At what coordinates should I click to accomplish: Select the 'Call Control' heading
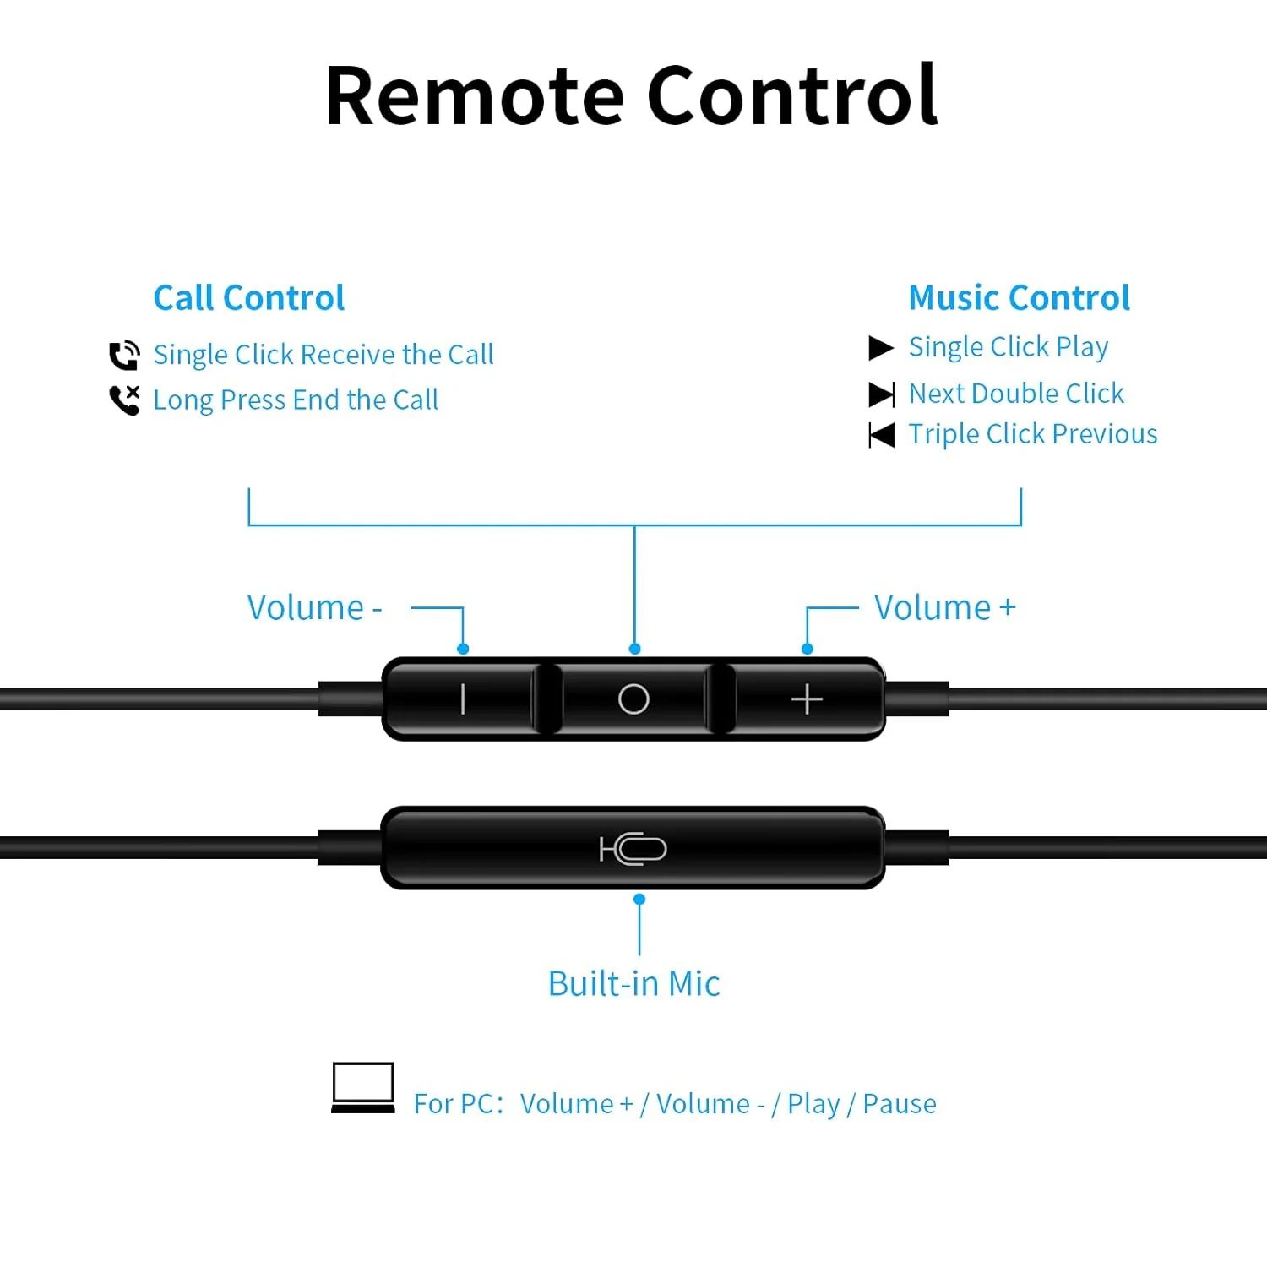point(249,298)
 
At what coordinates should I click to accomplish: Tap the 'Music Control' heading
point(1019,298)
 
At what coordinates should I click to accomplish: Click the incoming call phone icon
point(125,355)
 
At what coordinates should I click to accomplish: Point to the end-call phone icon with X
point(125,400)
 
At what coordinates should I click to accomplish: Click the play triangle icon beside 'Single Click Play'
point(881,348)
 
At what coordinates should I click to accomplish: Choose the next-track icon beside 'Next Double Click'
point(882,394)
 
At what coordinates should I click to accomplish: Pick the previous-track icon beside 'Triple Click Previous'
point(882,435)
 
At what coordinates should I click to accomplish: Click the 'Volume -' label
point(314,607)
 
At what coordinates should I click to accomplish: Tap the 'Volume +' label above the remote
point(944,607)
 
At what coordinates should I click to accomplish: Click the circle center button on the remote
point(633,699)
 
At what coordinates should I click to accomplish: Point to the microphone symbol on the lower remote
point(633,849)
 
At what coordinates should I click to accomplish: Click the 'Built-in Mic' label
point(633,983)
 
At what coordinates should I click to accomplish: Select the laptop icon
point(363,1088)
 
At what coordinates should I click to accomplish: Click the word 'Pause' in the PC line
point(900,1104)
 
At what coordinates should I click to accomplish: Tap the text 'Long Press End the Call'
point(296,400)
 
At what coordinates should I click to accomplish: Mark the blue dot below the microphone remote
point(639,900)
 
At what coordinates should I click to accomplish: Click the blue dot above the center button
point(634,649)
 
